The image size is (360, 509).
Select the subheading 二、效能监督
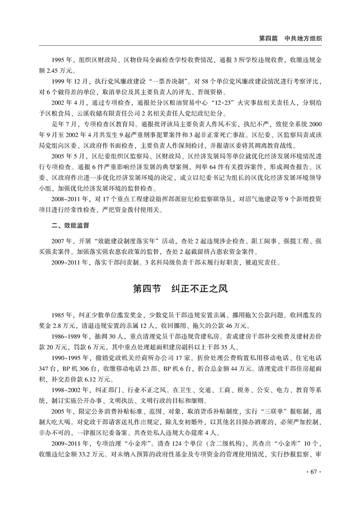70,225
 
